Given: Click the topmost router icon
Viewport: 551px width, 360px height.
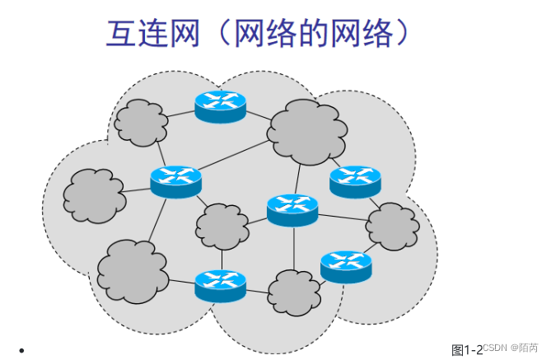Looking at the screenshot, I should (x=221, y=105).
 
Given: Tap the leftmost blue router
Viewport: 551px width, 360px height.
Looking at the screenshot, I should (x=176, y=180).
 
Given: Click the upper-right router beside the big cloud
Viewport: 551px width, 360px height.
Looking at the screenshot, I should (x=355, y=180).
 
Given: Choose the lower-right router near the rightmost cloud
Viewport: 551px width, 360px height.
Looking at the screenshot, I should (x=346, y=264).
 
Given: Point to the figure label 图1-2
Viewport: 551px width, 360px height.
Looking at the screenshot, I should (x=466, y=350).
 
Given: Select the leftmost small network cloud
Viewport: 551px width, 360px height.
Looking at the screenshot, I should (x=92, y=196).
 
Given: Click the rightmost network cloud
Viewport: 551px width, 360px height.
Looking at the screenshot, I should (x=392, y=226).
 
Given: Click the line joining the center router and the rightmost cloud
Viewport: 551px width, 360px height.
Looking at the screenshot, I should (x=343, y=217).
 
